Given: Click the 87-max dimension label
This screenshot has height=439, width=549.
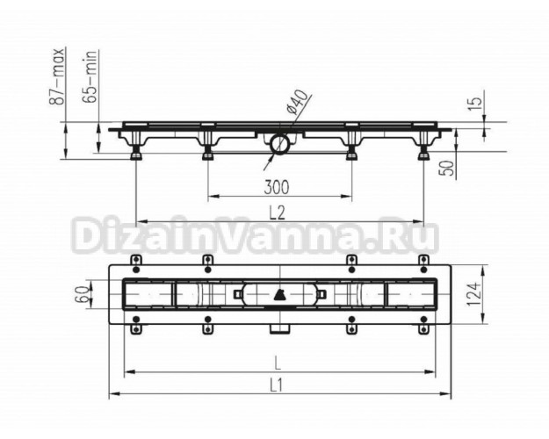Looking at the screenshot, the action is point(57,76).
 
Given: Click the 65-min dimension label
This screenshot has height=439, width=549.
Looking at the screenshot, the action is point(90,76).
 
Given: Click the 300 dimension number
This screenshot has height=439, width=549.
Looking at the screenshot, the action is point(277,187).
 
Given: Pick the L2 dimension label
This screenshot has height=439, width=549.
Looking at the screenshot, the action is point(278,212).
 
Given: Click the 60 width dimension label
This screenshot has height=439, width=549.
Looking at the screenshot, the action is point(82,294).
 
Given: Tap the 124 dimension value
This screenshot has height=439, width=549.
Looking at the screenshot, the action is point(473,294).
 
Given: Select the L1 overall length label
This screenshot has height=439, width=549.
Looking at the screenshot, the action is point(276,385).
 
